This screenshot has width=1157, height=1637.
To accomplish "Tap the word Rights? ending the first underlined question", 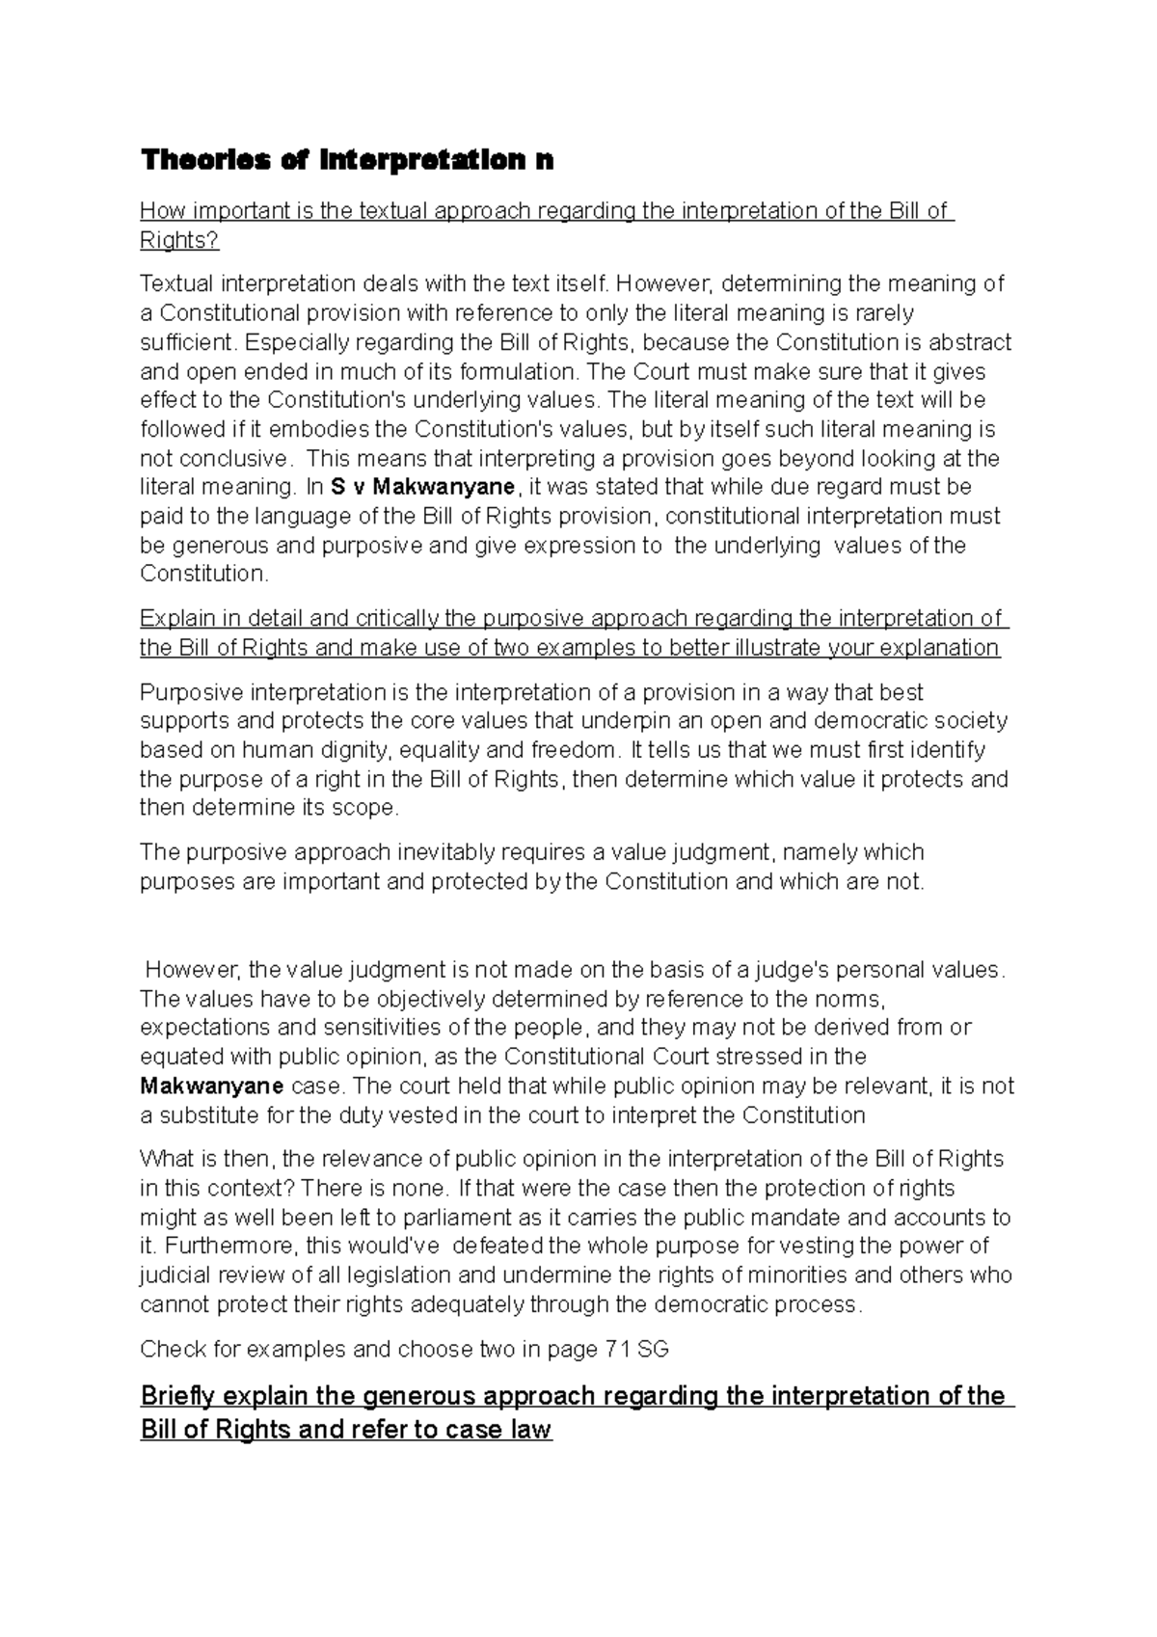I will pos(179,240).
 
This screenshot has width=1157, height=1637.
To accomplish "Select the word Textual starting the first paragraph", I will pos(177,283).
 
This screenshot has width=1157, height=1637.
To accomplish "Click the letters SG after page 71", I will pos(653,1349).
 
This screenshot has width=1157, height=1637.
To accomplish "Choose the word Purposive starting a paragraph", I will pos(192,692).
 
